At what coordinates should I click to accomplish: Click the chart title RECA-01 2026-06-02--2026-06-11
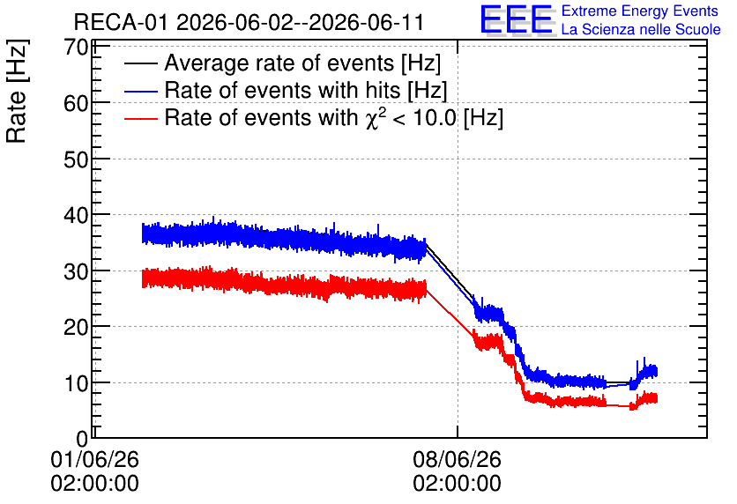(x=249, y=22)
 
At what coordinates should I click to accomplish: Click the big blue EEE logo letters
(x=517, y=19)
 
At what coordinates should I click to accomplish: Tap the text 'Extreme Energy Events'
(x=640, y=11)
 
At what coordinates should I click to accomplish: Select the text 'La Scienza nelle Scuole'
(x=641, y=29)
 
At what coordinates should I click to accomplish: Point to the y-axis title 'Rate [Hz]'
(x=17, y=91)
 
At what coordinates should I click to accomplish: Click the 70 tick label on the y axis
(x=76, y=47)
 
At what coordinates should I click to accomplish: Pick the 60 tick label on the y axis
(x=76, y=103)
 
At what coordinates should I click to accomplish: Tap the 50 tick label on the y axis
(x=76, y=159)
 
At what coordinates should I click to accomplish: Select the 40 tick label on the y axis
(x=76, y=215)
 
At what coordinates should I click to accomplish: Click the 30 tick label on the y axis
(x=76, y=271)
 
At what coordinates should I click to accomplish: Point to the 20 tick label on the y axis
(x=76, y=327)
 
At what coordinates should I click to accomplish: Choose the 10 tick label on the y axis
(x=76, y=383)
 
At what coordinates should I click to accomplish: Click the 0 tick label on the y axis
(x=82, y=439)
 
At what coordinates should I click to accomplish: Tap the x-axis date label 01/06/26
(x=95, y=459)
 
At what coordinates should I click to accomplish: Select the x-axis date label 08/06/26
(x=458, y=459)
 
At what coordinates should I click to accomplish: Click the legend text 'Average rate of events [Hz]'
(x=302, y=63)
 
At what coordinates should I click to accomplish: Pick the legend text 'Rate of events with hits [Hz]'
(x=306, y=90)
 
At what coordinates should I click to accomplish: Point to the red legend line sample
(x=140, y=119)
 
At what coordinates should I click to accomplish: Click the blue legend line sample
(x=140, y=91)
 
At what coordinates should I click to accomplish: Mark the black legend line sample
(x=140, y=63)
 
